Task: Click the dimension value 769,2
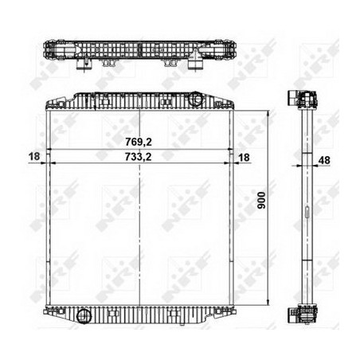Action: (139, 142)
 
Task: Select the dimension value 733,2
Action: (139, 157)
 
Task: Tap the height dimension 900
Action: (262, 201)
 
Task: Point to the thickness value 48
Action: (324, 160)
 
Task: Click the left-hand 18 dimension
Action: (34, 156)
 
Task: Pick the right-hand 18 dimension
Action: (244, 158)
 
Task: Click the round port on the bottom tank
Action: (84, 316)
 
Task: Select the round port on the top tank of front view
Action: (196, 99)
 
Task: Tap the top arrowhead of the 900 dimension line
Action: (268, 113)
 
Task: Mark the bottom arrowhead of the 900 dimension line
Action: (268, 303)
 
